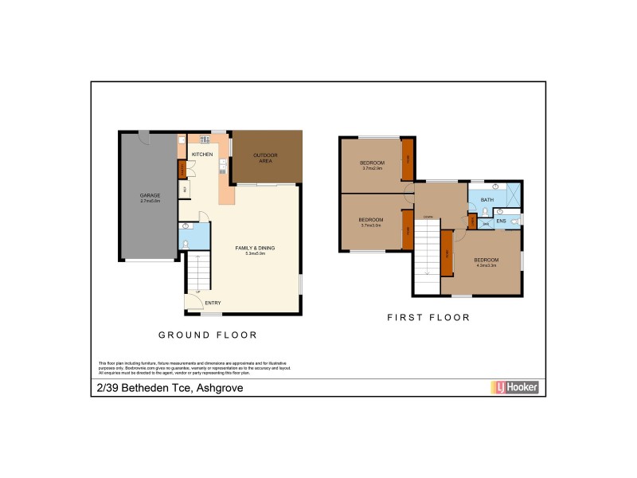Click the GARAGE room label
click(150, 195)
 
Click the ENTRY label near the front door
click(213, 303)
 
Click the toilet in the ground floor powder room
click(186, 242)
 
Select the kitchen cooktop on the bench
click(223, 168)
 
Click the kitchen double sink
click(205, 140)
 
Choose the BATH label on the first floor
click(487, 201)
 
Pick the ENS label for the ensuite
click(501, 221)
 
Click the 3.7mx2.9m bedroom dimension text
click(372, 168)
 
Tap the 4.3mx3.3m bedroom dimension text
click(486, 265)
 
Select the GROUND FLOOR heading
click(207, 335)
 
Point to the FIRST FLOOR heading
click(428, 317)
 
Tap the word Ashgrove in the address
click(219, 388)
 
